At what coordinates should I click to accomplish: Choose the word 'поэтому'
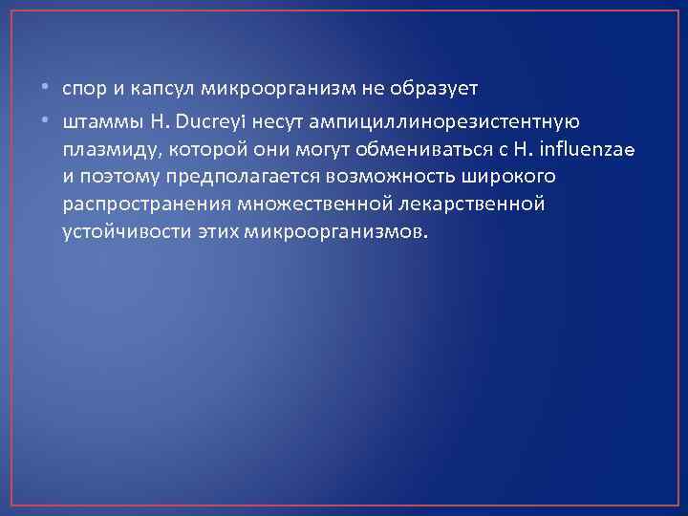pyautogui.click(x=115, y=178)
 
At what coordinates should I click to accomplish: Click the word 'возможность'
pyautogui.click(x=392, y=178)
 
